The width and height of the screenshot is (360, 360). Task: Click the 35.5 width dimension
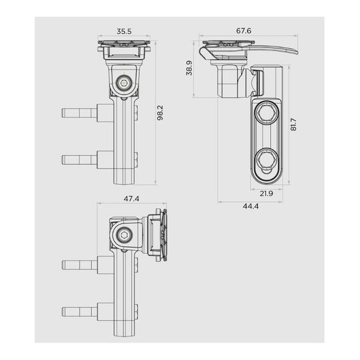[x=124, y=31]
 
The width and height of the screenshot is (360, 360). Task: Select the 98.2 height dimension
[x=160, y=113]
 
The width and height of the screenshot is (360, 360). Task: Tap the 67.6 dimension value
[x=243, y=30]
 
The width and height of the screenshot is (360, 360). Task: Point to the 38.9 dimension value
[x=189, y=68]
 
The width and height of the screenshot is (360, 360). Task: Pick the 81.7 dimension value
[x=294, y=125]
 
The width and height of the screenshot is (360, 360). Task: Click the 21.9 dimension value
[x=266, y=194]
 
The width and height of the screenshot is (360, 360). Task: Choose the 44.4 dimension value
[x=251, y=206]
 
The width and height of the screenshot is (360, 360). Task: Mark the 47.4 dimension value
[x=132, y=199]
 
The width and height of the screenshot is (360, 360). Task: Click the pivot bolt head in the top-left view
[x=124, y=83]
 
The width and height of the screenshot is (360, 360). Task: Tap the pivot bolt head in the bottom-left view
[x=124, y=235]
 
